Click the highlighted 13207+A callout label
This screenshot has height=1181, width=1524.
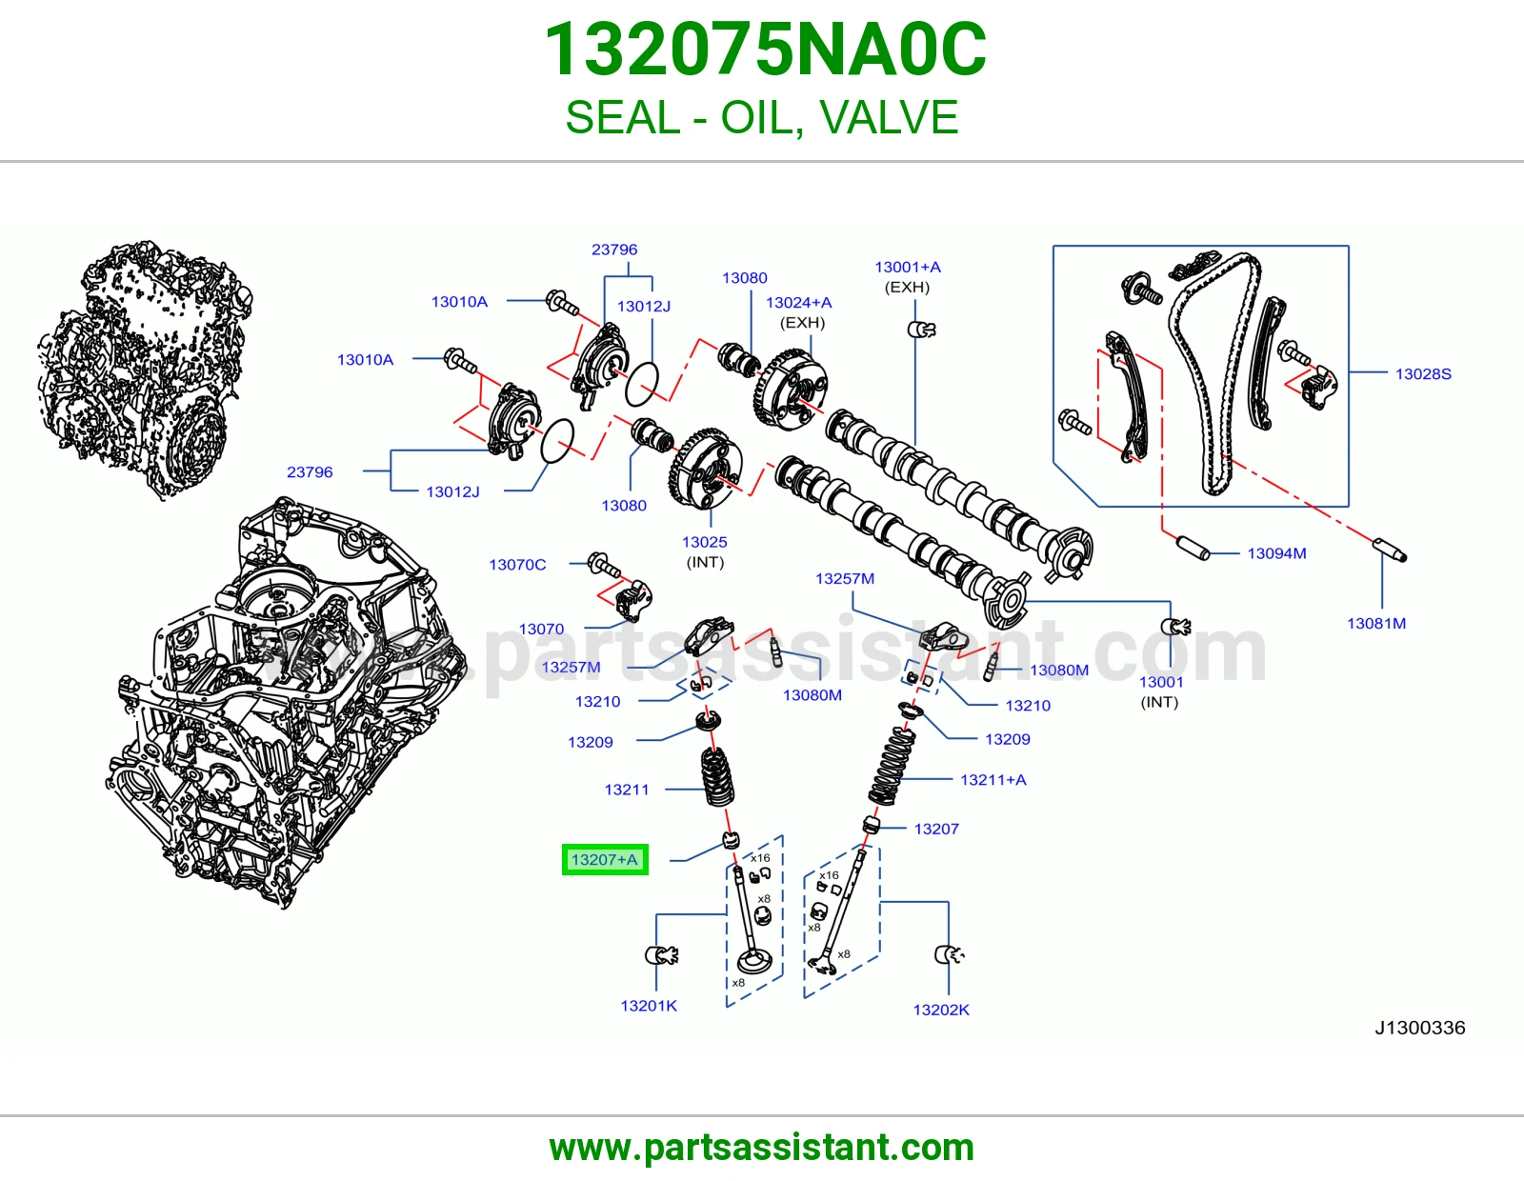click(605, 860)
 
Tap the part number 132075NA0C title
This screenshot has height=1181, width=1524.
click(765, 50)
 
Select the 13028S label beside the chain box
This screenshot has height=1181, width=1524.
click(1423, 373)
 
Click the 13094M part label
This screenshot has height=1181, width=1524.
click(1276, 553)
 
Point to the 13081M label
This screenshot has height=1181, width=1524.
click(1376, 624)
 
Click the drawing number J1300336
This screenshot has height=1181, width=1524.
click(1419, 1028)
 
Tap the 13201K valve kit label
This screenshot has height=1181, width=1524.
click(649, 1006)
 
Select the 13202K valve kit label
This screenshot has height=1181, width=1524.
click(941, 1010)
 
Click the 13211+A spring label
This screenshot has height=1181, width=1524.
click(993, 780)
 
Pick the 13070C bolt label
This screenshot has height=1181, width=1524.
click(517, 565)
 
